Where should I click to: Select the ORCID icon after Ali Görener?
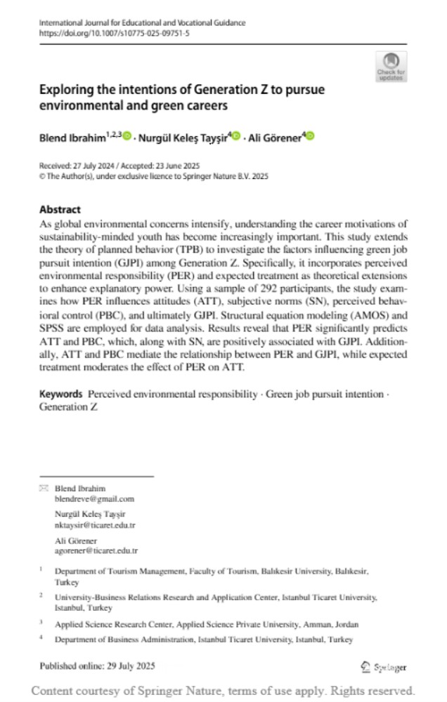coord(310,136)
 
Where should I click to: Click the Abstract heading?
coord(60,209)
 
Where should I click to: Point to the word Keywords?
coord(61,395)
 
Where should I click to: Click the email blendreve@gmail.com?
coord(94,498)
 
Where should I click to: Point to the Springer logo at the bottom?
coord(384,667)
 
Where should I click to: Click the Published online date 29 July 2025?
coord(127,665)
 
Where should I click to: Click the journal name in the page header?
coord(142,22)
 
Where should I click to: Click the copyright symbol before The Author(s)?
coord(42,176)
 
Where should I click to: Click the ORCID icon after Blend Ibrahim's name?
coord(127,136)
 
